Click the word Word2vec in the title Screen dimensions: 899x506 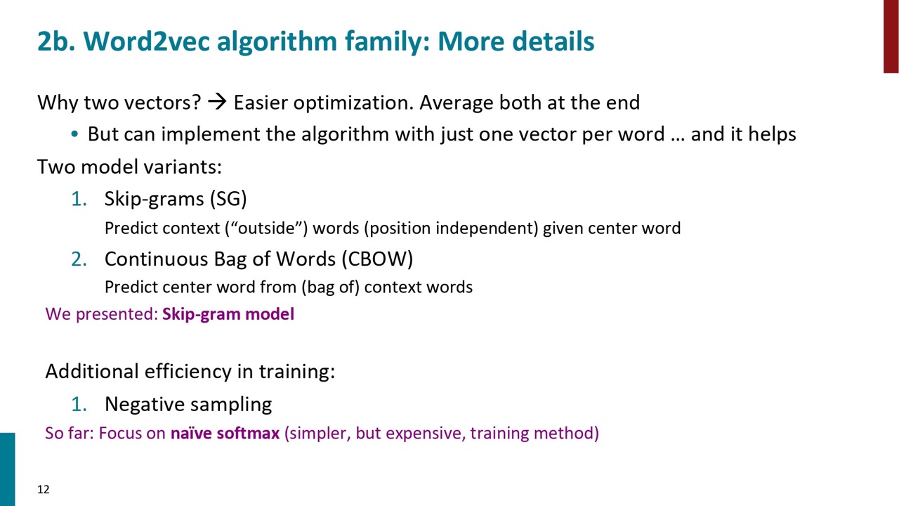click(x=146, y=41)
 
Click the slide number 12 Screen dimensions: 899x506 click(x=44, y=490)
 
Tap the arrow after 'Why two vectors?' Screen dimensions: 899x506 click(x=217, y=102)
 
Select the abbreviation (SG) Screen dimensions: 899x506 click(x=228, y=199)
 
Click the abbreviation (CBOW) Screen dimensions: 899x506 click(x=377, y=259)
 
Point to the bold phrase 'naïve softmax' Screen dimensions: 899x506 click(x=225, y=434)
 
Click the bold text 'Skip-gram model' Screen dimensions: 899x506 click(x=228, y=314)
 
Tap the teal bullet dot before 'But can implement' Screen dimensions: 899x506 click(x=74, y=134)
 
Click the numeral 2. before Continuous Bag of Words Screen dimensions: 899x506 click(x=79, y=259)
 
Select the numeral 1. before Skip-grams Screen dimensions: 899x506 click(x=79, y=199)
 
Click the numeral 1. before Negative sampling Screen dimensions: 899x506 click(x=79, y=404)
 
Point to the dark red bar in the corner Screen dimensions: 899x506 click(x=891, y=36)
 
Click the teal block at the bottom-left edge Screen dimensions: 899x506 click(x=7, y=469)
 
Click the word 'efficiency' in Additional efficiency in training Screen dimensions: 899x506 click(x=188, y=372)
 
